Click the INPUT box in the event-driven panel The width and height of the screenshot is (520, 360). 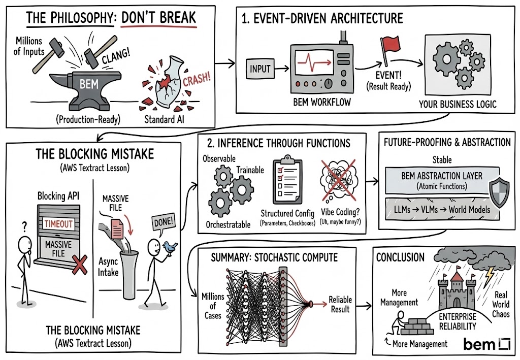pyautogui.click(x=261, y=68)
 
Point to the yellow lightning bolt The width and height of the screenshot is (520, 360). pyautogui.click(x=489, y=276)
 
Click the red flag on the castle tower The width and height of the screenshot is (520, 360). pyautogui.click(x=456, y=274)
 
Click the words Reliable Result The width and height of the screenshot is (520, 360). pyautogui.click(x=340, y=304)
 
